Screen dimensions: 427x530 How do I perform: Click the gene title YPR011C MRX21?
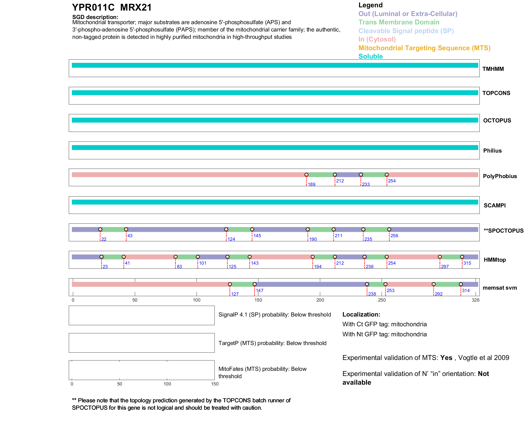tap(112, 8)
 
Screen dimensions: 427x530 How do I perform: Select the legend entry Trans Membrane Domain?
tap(399, 22)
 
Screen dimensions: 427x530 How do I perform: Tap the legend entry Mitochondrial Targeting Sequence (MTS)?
tap(424, 48)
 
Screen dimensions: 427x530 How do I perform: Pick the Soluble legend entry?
tap(370, 56)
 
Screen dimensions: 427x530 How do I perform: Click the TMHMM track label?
tap(493, 69)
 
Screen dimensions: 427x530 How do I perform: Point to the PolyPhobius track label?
tap(500, 176)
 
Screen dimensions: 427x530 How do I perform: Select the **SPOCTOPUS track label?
tap(503, 231)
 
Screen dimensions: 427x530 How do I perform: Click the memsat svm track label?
tap(500, 288)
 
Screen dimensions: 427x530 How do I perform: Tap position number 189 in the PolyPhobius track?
tap(311, 185)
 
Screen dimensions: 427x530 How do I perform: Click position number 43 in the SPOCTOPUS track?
tap(130, 236)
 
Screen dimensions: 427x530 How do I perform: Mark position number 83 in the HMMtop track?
tap(179, 267)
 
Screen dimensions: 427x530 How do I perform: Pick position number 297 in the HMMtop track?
tap(445, 267)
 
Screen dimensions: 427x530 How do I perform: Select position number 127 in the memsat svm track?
tap(235, 294)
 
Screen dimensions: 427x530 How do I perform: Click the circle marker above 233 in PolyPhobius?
tap(361, 175)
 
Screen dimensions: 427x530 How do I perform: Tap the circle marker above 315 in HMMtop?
tap(462, 257)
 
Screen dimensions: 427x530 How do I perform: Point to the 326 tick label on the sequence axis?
tap(475, 300)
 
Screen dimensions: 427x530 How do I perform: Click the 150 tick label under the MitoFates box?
tap(215, 384)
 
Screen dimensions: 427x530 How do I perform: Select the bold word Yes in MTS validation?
tap(446, 358)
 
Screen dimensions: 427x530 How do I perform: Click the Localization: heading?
tap(361, 314)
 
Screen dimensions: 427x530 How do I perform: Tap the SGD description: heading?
tap(95, 17)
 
